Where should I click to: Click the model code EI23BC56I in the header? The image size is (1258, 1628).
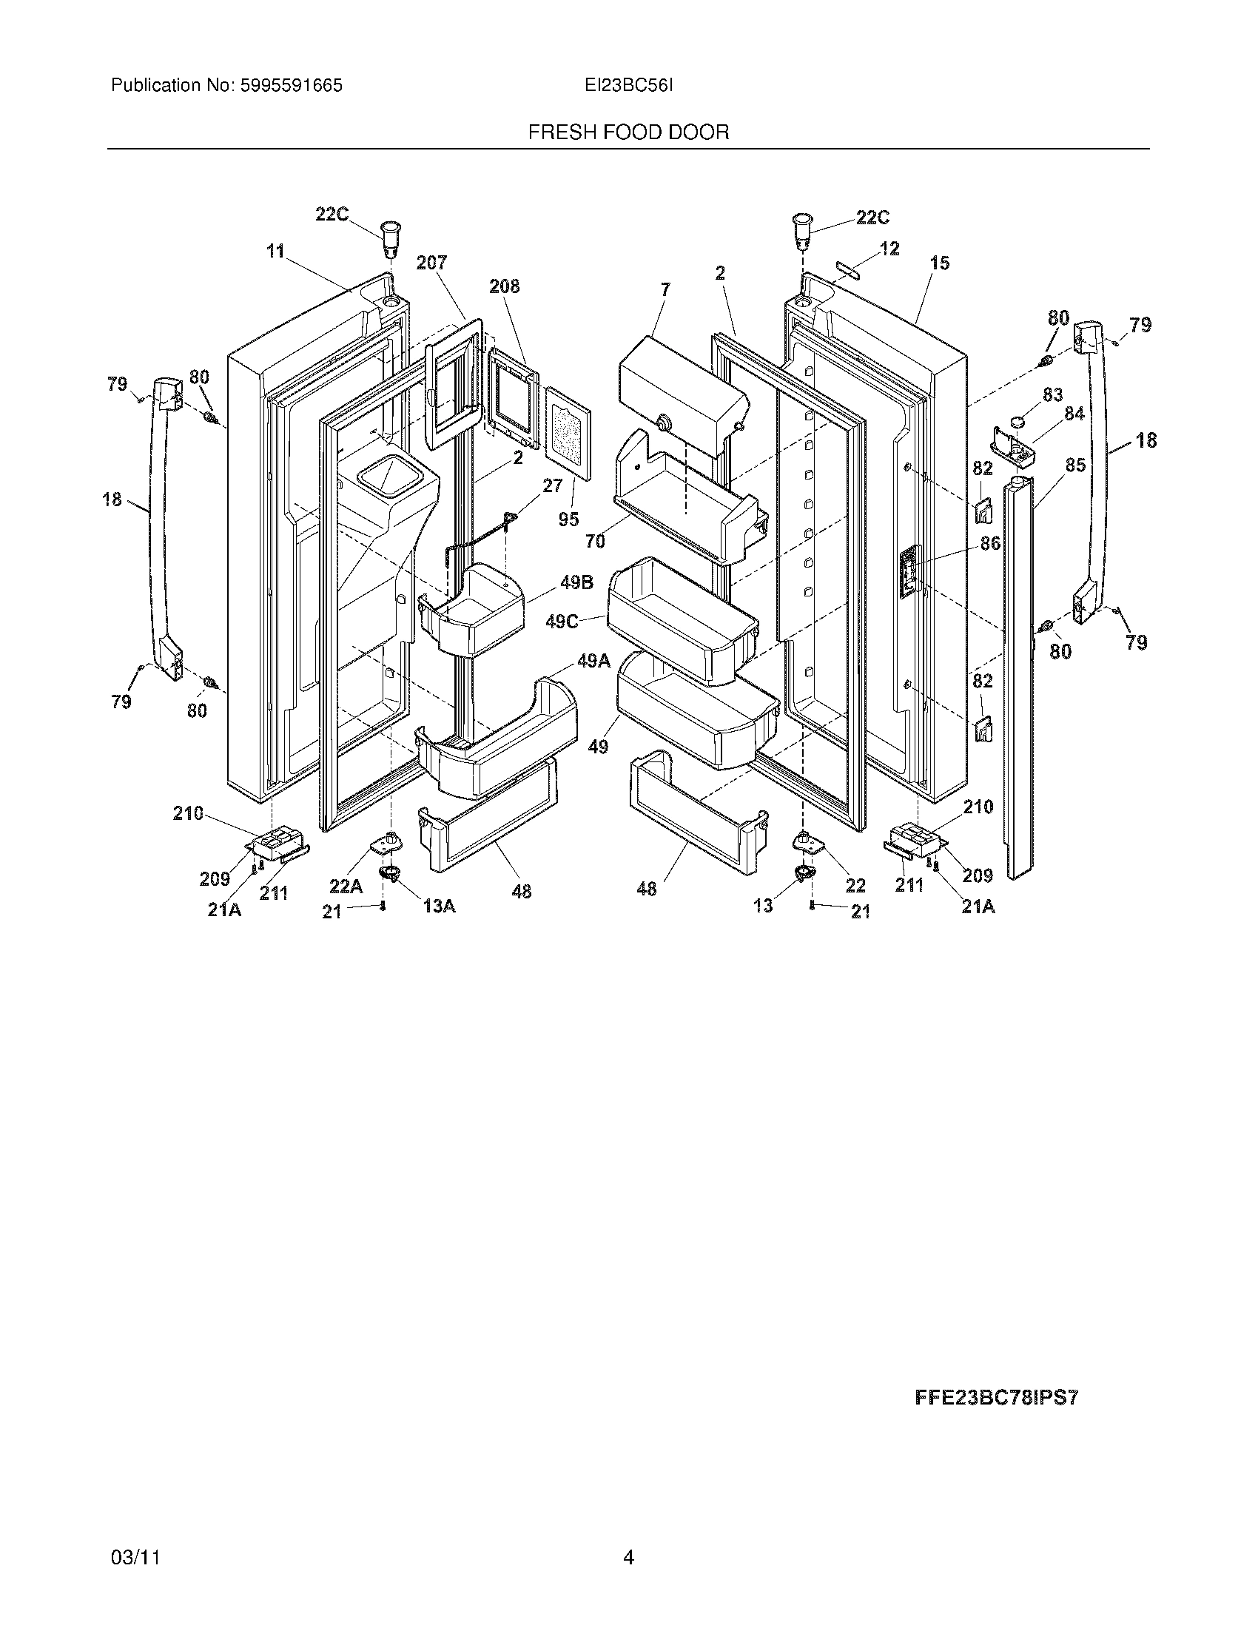point(628,86)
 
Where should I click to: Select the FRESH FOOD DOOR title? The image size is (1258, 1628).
point(628,132)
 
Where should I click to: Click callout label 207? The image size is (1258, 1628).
point(431,263)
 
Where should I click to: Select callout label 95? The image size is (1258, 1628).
point(568,519)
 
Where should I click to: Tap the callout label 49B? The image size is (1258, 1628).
point(577,582)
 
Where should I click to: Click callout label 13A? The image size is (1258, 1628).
point(439,906)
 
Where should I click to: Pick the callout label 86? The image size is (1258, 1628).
point(990,543)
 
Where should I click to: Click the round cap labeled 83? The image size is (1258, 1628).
point(1020,425)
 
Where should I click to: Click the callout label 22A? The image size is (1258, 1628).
point(346,886)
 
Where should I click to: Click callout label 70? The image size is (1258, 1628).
point(595,542)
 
